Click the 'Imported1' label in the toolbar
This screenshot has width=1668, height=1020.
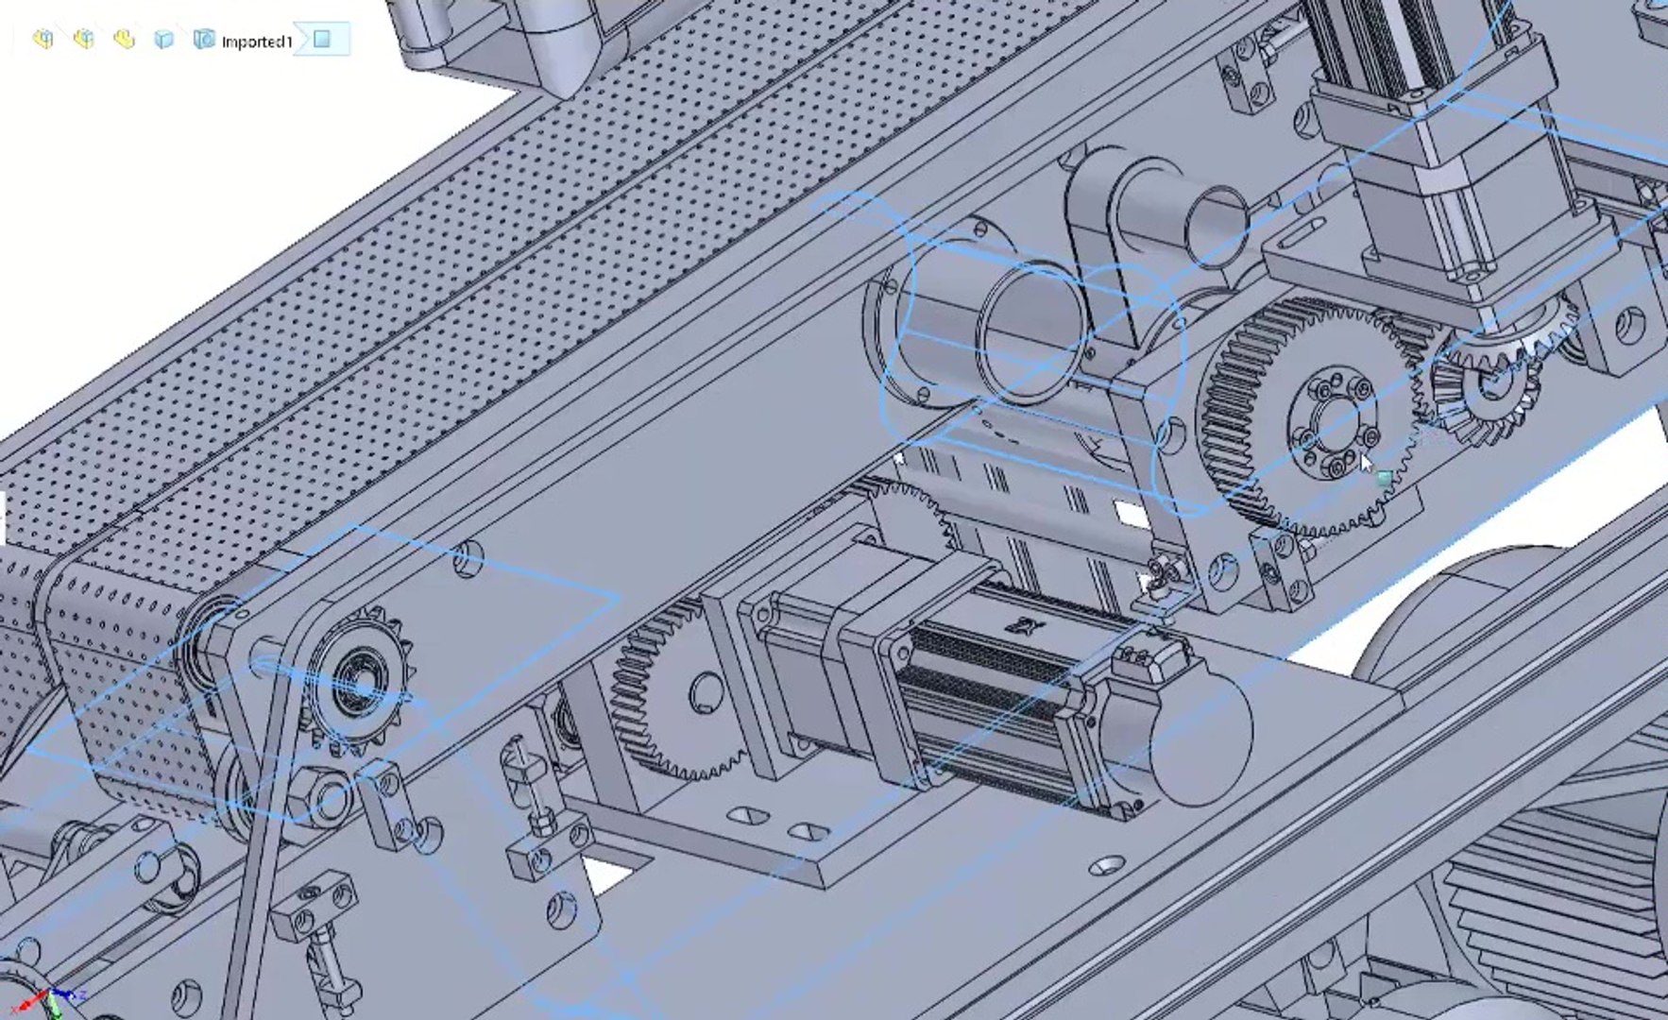[256, 42]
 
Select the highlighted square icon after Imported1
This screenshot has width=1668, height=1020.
[322, 39]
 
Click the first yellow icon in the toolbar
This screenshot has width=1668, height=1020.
[43, 39]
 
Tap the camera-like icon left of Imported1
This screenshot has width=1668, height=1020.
[203, 39]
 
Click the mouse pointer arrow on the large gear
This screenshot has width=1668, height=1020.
[1367, 464]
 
